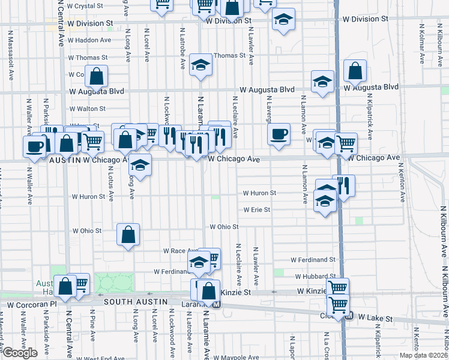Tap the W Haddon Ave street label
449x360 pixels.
tap(89, 40)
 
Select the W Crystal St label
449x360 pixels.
tap(85, 5)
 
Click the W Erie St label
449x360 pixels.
tap(256, 210)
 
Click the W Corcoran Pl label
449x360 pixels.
tap(32, 305)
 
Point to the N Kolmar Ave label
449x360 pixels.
tap(423, 44)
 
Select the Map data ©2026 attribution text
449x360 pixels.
tap(424, 355)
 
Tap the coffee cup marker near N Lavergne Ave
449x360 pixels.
tap(279, 134)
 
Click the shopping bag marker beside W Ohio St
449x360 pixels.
tap(128, 235)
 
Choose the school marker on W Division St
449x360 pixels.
tap(283, 20)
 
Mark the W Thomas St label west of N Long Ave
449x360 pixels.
tap(88, 58)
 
